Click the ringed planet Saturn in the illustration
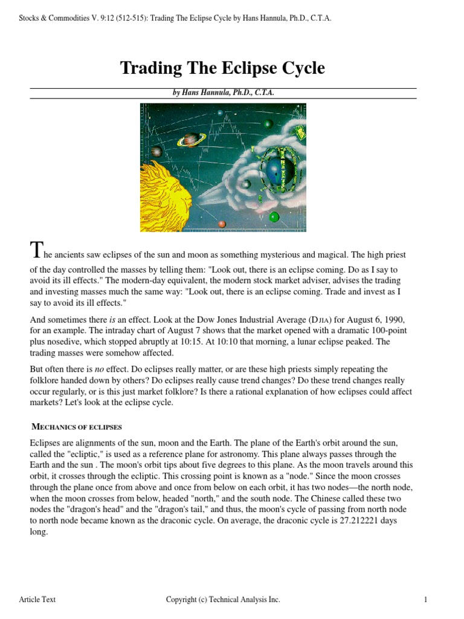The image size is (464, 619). [x=191, y=140]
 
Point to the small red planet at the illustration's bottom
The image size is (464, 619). [x=222, y=224]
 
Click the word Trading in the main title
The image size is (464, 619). [x=148, y=68]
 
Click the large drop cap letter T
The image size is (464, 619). [x=36, y=250]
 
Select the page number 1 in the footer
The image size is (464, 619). [x=426, y=600]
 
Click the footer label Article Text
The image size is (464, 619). [x=37, y=600]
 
